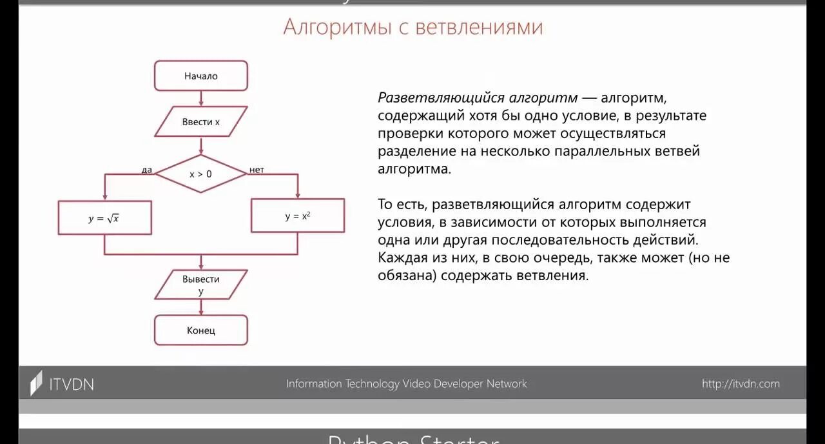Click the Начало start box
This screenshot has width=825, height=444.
pos(201,76)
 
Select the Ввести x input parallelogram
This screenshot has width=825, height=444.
pos(201,121)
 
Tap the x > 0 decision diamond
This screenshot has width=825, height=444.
pos(201,174)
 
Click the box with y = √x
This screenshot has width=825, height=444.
pos(104,218)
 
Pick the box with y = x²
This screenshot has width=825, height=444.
pos(298,216)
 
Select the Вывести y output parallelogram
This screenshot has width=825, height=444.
pos(201,285)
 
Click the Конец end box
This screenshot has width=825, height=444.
pos(201,330)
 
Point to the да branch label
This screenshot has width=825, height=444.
pos(147,170)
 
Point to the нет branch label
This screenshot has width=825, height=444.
pos(257,170)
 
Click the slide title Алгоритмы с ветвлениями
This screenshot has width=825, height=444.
pos(413,27)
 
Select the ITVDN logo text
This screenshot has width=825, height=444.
pos(72,384)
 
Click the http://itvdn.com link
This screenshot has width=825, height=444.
pos(741,384)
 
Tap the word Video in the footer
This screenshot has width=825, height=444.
pos(416,384)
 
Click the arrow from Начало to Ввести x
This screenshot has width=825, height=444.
pos(201,98)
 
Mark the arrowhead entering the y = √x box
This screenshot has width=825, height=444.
pos(104,197)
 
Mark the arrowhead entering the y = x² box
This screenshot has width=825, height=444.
pos(298,195)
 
